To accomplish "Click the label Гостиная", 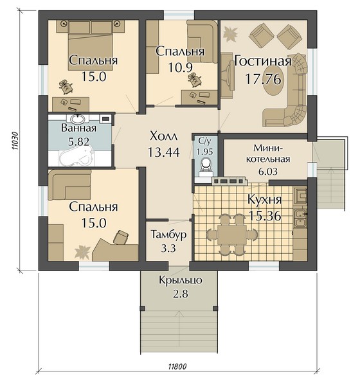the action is click(x=263, y=61).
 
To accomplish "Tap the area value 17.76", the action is click(x=263, y=79).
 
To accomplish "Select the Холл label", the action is click(x=164, y=136).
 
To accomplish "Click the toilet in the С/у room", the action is click(x=206, y=166).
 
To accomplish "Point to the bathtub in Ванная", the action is click(x=77, y=156).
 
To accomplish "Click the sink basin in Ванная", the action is click(x=78, y=119).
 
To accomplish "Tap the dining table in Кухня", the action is click(x=232, y=235).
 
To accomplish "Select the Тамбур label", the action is click(x=168, y=235).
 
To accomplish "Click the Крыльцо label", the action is click(x=181, y=280).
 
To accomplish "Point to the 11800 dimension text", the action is click(x=177, y=367).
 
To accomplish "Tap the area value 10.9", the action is click(x=181, y=67).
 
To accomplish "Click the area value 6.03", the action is click(x=268, y=172).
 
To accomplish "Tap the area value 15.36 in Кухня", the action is click(x=265, y=216).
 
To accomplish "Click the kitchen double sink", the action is click(x=300, y=218).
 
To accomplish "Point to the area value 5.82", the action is click(x=78, y=141).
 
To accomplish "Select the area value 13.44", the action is click(x=164, y=152).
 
